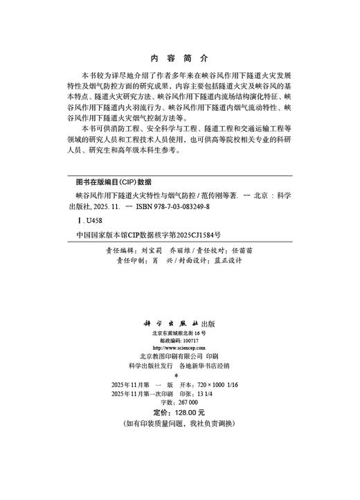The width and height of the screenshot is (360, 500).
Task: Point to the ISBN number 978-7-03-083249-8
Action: [181, 206]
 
